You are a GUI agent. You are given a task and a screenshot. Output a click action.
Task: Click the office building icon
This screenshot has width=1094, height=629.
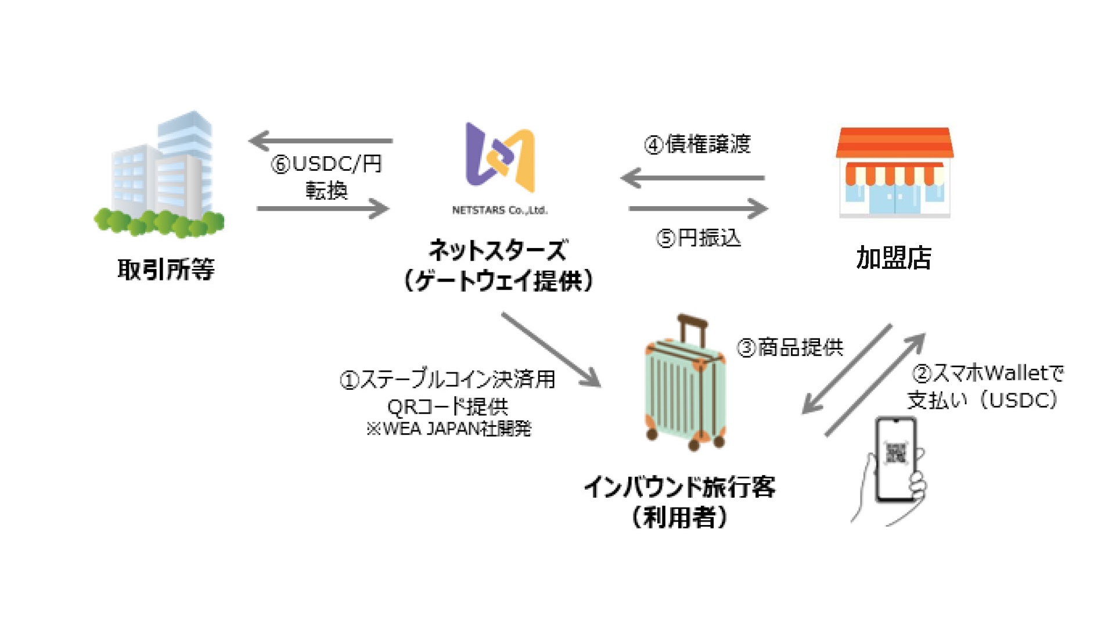coord(160,174)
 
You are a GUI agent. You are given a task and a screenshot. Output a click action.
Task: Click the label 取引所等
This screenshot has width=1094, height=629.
coord(166,269)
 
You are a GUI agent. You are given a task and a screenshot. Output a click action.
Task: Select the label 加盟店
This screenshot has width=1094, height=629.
coord(894,258)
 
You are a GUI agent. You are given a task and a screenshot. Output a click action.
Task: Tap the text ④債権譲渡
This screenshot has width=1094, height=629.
coord(697,144)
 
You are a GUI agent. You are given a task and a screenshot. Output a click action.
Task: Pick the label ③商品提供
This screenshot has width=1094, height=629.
coord(790,347)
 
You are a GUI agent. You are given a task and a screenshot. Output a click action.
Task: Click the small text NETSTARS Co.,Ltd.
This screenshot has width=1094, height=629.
coord(499,210)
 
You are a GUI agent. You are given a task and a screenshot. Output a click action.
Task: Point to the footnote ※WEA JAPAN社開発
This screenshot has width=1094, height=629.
coord(448,429)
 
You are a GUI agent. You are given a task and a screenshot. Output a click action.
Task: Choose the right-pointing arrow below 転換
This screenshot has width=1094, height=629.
coord(323,208)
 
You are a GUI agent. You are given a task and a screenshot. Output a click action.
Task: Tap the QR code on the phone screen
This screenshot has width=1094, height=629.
coord(895,453)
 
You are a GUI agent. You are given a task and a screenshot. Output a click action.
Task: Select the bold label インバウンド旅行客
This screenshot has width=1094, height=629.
coord(679,487)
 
